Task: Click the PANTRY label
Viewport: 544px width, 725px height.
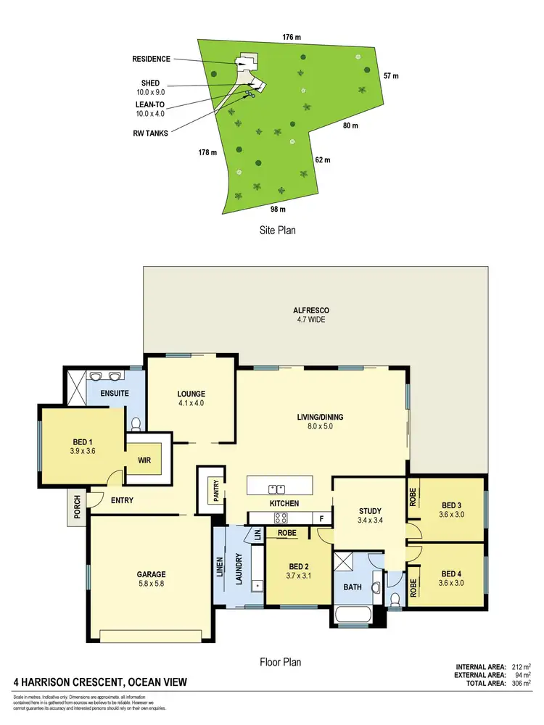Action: click(215, 489)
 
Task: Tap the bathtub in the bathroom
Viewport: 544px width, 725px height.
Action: click(353, 616)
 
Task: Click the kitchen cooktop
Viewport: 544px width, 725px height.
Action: click(280, 518)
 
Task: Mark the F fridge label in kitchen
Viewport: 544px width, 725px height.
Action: click(321, 518)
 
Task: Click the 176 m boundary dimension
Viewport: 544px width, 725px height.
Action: click(292, 36)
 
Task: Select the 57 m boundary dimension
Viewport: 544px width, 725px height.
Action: click(391, 76)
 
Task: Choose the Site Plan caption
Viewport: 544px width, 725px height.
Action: click(278, 230)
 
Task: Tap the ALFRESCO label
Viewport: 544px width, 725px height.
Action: click(310, 310)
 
